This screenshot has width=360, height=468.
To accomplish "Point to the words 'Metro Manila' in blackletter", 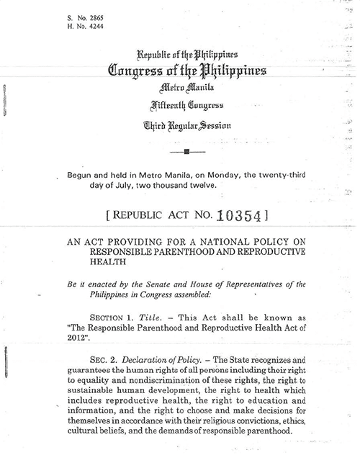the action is [x=186, y=89].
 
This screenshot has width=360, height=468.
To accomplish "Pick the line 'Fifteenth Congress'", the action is [x=186, y=107].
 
